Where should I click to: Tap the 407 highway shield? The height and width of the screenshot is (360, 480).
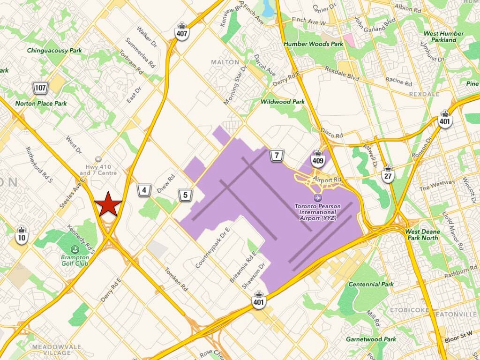click(182, 31)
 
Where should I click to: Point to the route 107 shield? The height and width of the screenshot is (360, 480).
click(40, 87)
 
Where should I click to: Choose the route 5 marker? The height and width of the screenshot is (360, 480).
click(186, 195)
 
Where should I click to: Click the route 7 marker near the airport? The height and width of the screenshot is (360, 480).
click(277, 155)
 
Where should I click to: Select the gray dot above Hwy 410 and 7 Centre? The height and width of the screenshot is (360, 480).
click(98, 159)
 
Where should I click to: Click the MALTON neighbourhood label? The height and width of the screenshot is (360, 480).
click(222, 62)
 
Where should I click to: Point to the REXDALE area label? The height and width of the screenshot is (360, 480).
click(424, 94)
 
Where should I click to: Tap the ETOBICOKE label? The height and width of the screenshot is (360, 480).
click(406, 310)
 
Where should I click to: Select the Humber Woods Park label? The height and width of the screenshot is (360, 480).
click(313, 44)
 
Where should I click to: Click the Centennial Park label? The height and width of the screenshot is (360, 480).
click(371, 284)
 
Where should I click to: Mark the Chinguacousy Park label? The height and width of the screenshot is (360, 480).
click(54, 50)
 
